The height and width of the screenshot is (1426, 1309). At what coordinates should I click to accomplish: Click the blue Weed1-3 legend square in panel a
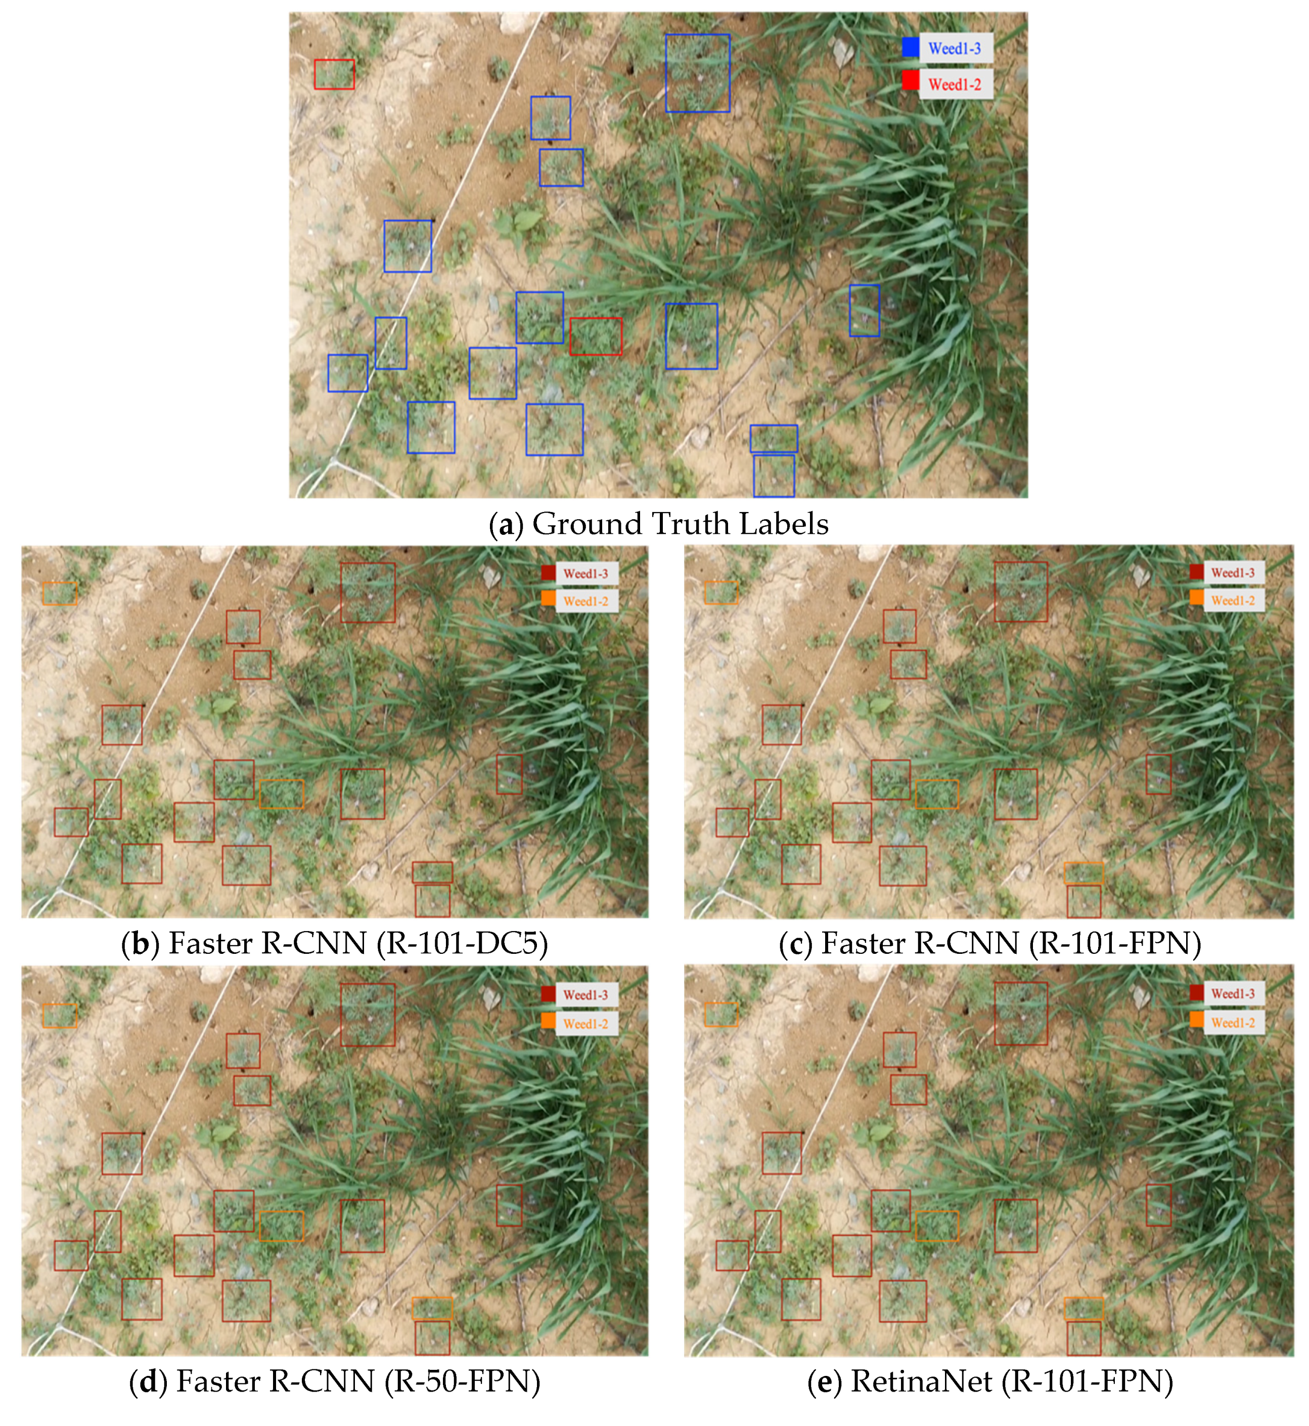(x=910, y=48)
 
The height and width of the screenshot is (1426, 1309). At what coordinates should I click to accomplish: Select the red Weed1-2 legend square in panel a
(x=910, y=81)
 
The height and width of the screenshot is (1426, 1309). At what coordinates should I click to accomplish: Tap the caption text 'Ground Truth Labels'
(x=680, y=524)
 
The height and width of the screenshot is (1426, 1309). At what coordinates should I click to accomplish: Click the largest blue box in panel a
(x=697, y=73)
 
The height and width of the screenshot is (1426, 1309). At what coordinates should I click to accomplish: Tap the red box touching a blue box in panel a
(x=596, y=337)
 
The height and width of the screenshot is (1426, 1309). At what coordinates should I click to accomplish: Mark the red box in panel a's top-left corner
(x=334, y=74)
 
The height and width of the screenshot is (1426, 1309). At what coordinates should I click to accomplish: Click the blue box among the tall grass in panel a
(x=864, y=310)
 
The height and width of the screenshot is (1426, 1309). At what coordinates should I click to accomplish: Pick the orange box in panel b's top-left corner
(x=60, y=594)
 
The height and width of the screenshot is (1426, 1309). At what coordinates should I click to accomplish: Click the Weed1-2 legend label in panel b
(x=586, y=602)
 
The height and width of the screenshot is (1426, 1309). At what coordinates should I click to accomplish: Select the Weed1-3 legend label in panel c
(x=1233, y=573)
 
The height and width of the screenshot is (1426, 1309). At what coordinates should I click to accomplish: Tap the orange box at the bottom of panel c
(x=1083, y=873)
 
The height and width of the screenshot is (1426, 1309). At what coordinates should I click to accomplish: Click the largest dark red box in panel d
(x=368, y=1015)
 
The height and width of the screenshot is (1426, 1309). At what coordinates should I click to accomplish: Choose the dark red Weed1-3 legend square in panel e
(x=1196, y=993)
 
